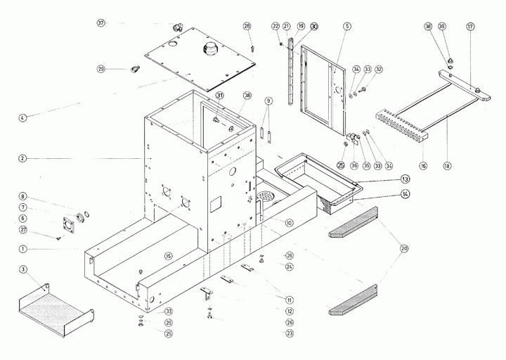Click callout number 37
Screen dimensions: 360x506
(x=101, y=23)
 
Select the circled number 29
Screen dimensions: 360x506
(x=101, y=68)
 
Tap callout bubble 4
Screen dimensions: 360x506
(x=22, y=117)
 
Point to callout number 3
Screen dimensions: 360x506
(x=22, y=269)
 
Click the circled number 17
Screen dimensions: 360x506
(x=470, y=26)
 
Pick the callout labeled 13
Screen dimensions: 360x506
(x=406, y=179)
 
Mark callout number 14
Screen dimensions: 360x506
(x=406, y=193)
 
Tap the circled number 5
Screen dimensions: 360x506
(x=347, y=26)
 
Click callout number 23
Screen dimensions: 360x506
(x=290, y=333)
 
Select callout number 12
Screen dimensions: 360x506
(x=290, y=311)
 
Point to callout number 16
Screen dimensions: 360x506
(x=423, y=166)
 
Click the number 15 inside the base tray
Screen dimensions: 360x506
(x=168, y=255)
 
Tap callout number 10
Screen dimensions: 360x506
(x=289, y=223)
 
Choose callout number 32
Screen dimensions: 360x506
(x=379, y=70)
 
